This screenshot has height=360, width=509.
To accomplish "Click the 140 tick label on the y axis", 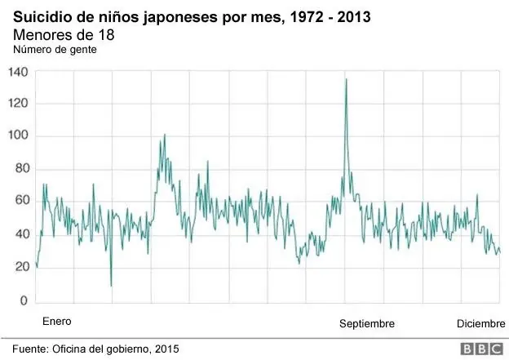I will (x=19, y=72).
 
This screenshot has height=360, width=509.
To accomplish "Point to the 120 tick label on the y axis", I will (x=19, y=104).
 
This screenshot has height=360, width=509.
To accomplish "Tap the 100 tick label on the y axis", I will (x=19, y=136).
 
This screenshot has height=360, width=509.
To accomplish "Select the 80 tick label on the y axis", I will (x=21, y=169).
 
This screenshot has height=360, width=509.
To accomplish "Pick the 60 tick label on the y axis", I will (x=21, y=202).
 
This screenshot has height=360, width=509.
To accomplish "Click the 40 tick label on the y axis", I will (x=21, y=235).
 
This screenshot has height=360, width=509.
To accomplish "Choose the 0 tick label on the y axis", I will (x=24, y=301).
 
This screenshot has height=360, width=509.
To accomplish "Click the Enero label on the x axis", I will (x=57, y=322).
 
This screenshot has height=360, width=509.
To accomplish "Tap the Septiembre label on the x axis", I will (x=367, y=324).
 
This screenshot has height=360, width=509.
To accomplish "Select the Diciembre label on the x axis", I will (x=480, y=323).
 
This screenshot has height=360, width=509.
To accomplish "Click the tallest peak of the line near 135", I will (x=346, y=79).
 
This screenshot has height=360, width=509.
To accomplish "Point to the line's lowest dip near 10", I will (x=111, y=286).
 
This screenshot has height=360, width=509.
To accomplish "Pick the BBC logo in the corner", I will (x=481, y=349).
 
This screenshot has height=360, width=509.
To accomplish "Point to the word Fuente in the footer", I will (x=30, y=349).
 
